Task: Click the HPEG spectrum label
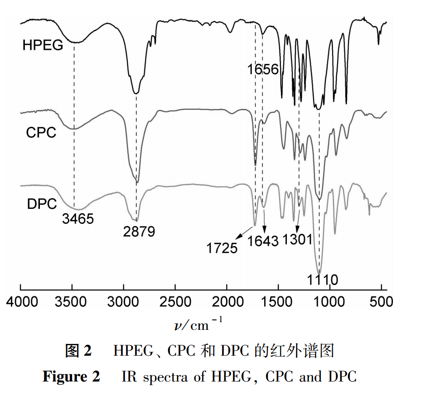[x=43, y=45]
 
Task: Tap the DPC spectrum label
[x=42, y=204]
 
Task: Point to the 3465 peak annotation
[x=77, y=219]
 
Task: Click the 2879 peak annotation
[x=139, y=232]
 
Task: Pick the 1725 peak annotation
[x=222, y=248]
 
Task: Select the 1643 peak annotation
[x=263, y=241]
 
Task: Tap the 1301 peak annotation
[x=297, y=239]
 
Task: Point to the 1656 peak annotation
[x=263, y=70]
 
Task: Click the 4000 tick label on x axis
[x=21, y=301]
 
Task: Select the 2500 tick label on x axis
[x=175, y=301]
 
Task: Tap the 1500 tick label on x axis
[x=277, y=301]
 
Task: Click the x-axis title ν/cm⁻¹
[x=198, y=325]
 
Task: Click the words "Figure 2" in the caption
[x=72, y=377]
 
